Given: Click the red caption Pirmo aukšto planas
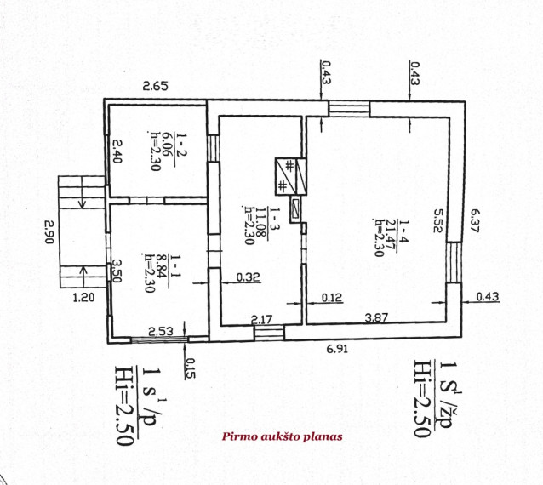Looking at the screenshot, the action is click(x=283, y=436).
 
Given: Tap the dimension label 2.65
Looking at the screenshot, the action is click(x=156, y=85).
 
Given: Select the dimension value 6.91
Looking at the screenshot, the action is click(x=337, y=349).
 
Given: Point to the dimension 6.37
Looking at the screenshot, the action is click(x=474, y=220).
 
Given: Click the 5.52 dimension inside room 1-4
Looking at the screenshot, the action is click(x=438, y=220).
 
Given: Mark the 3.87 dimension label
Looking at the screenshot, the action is click(x=376, y=317).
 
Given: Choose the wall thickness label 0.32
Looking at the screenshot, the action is click(x=249, y=277).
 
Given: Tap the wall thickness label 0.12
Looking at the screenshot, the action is click(x=332, y=297).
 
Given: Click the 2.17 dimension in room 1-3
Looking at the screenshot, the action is click(x=262, y=319).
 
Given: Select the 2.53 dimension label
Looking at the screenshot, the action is click(x=161, y=331).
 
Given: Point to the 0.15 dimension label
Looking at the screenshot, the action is click(x=190, y=368).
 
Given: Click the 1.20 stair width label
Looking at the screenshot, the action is click(x=83, y=297).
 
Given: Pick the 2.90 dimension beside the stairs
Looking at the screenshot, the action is click(x=49, y=231).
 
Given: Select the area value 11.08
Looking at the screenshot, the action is click(x=260, y=222).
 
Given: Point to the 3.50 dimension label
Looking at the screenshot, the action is click(x=116, y=271).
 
